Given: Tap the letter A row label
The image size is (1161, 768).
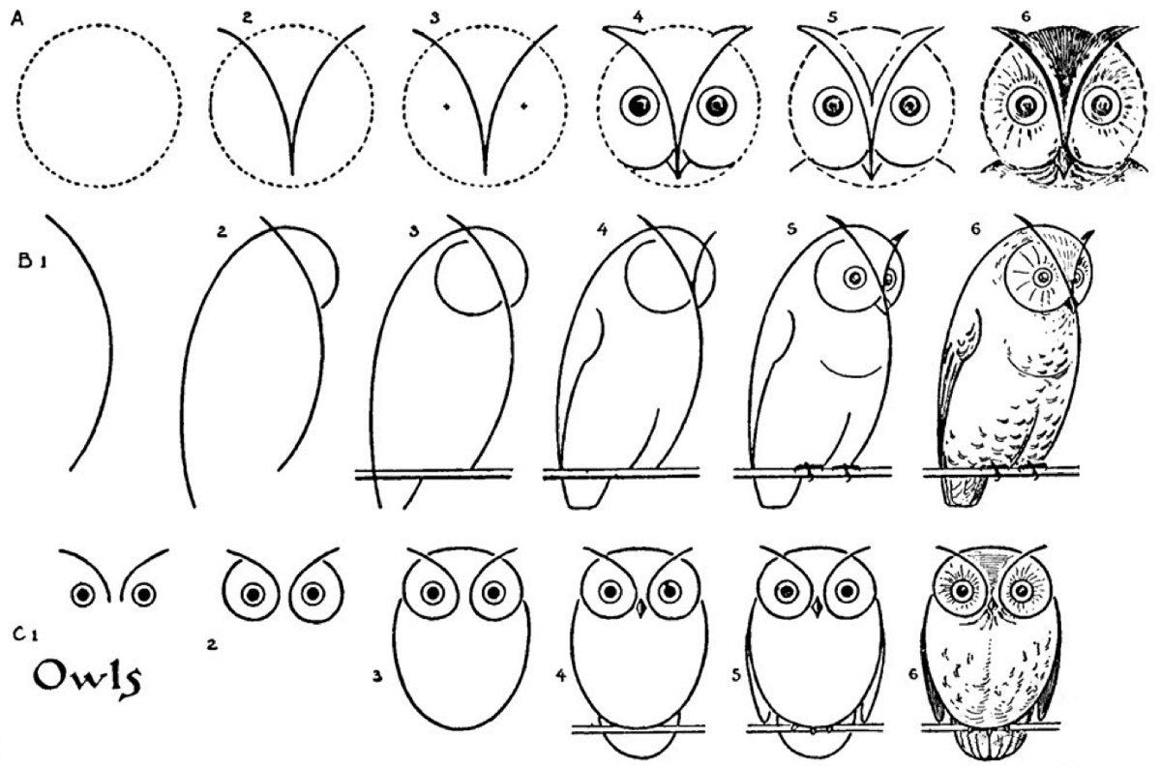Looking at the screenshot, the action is click(x=17, y=18).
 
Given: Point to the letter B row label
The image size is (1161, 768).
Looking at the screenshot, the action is click(x=26, y=261).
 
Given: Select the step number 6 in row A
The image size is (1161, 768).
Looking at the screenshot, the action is click(x=1026, y=17).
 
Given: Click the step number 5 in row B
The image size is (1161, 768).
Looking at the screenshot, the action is click(x=791, y=229).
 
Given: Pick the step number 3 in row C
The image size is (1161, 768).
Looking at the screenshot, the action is click(x=377, y=676).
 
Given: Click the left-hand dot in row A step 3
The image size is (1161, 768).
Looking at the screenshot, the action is click(x=447, y=107).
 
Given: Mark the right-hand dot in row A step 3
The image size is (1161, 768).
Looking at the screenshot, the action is click(x=524, y=106).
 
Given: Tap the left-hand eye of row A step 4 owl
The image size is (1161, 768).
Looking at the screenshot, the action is click(x=640, y=106).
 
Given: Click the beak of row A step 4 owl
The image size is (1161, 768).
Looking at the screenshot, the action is click(x=677, y=164).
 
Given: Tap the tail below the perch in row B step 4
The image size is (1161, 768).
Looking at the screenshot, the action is click(x=585, y=493).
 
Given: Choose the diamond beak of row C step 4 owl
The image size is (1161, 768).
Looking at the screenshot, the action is click(x=640, y=608).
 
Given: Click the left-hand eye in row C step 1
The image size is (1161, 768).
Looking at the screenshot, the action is click(x=83, y=595).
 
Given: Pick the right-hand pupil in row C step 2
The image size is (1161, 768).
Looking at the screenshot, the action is click(x=313, y=594).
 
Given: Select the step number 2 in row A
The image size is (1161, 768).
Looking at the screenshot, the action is click(x=247, y=17).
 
